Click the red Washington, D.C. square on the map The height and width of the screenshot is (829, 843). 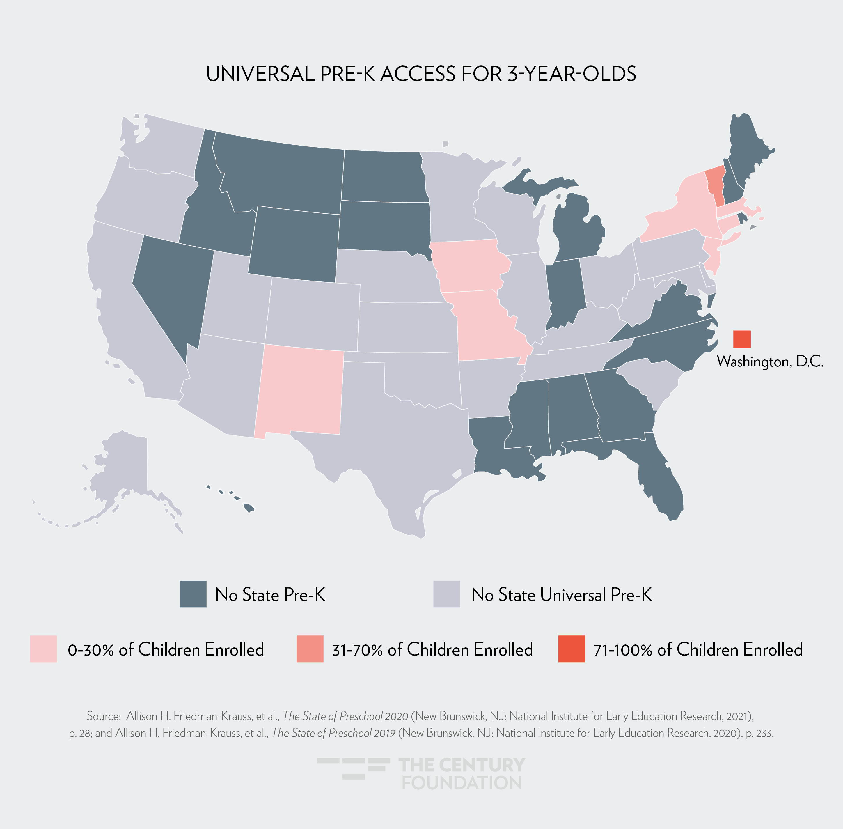[742, 339]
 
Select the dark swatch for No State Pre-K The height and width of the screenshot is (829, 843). [193, 594]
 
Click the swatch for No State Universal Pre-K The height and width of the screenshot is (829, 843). [446, 594]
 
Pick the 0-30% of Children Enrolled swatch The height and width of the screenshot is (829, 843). [43, 649]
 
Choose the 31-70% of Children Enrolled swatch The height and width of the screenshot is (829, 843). [310, 649]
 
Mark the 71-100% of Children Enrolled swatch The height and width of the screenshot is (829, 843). [572, 649]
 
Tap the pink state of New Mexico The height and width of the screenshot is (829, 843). [299, 390]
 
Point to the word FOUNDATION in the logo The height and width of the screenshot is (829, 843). [461, 783]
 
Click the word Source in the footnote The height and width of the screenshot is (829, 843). [103, 716]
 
